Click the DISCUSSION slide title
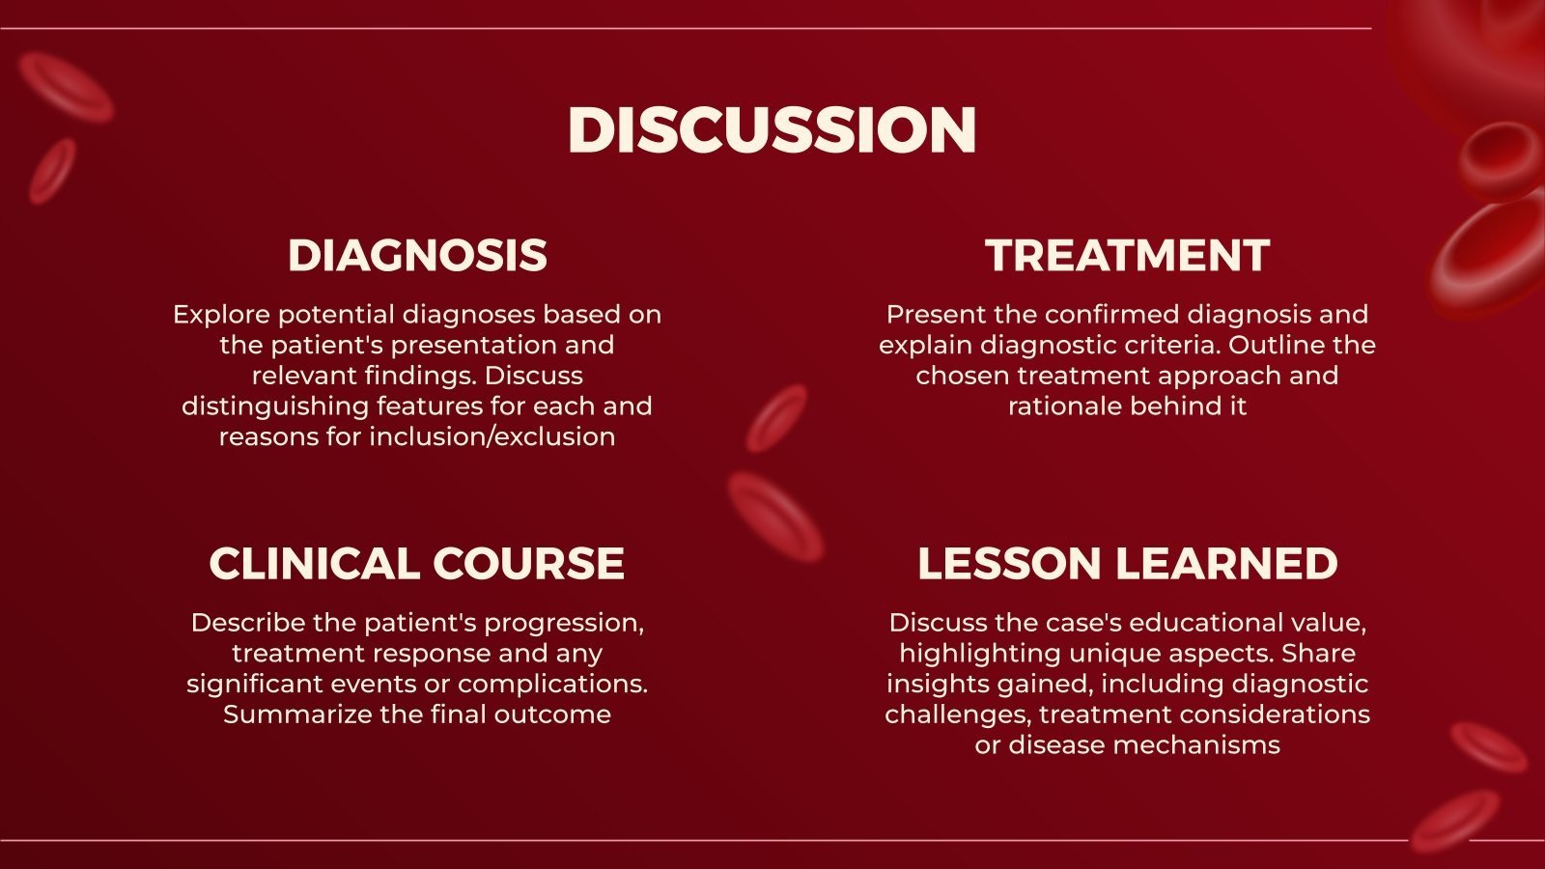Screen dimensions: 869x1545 click(x=772, y=129)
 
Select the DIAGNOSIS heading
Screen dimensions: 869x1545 click(x=417, y=256)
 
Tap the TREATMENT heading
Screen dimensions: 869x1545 click(x=1127, y=256)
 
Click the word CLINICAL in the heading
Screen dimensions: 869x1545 click(x=313, y=564)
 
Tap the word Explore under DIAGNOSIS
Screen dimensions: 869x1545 click(x=220, y=315)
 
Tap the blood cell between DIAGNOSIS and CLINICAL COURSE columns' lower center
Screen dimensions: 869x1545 click(x=774, y=518)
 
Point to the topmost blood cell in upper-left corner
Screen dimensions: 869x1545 click(x=65, y=87)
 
